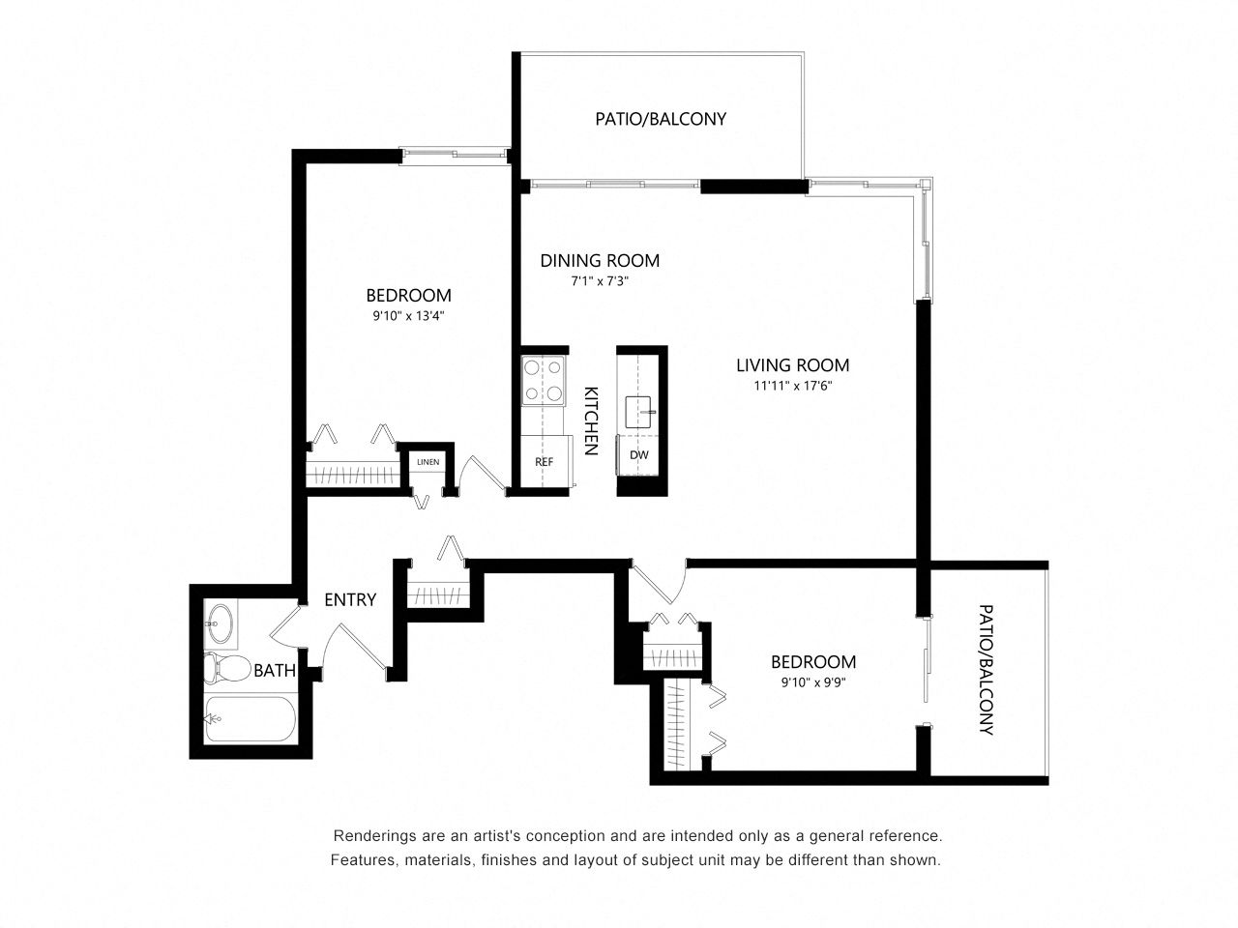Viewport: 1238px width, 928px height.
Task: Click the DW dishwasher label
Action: [x=638, y=454]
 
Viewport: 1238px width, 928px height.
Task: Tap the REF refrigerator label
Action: [x=544, y=462]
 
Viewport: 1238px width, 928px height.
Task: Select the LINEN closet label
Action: [x=427, y=462]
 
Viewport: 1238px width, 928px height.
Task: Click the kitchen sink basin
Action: [x=638, y=412]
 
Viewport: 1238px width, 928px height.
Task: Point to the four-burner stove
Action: [x=543, y=380]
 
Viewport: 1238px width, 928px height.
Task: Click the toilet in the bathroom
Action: [x=226, y=668]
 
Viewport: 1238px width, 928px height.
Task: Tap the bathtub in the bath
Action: [x=250, y=719]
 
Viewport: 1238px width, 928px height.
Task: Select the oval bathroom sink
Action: [x=220, y=623]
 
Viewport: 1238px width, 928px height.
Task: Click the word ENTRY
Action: [x=350, y=599]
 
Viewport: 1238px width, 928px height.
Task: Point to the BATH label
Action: [x=274, y=671]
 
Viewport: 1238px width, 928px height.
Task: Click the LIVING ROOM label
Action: [x=792, y=365]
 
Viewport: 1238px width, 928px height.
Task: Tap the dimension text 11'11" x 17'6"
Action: [x=792, y=386]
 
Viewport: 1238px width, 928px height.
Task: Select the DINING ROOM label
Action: [x=600, y=260]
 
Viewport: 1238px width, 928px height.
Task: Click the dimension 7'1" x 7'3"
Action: [x=600, y=281]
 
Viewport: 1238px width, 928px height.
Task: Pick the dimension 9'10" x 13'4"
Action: [x=408, y=316]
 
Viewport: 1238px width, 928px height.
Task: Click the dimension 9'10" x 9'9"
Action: [x=812, y=682]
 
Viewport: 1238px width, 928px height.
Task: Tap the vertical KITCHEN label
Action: [x=590, y=420]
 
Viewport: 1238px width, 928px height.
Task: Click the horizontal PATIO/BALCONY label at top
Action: [x=660, y=119]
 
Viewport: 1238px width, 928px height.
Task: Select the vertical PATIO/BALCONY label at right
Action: [x=986, y=669]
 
